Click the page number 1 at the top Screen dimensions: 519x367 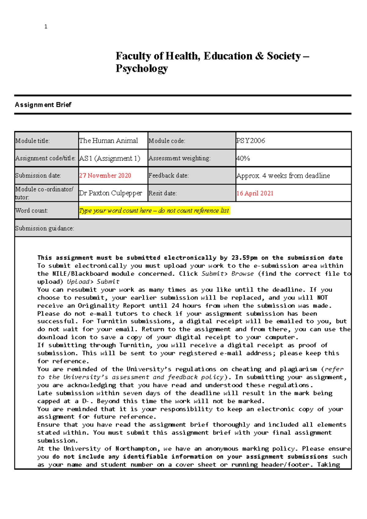[x=46, y=27]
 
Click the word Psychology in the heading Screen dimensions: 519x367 [x=142, y=68]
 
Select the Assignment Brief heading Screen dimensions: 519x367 [x=43, y=105]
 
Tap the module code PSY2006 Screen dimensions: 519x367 [x=250, y=141]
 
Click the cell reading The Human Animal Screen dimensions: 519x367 [x=109, y=141]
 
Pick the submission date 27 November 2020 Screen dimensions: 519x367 [x=105, y=175]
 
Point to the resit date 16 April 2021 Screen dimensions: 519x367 [x=255, y=193]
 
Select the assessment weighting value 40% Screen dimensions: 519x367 [x=243, y=158]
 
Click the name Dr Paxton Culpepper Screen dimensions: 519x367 [x=110, y=193]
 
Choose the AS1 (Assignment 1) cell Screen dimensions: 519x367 [x=109, y=158]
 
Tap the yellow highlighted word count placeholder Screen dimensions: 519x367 [x=154, y=211]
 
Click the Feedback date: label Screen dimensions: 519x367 [x=169, y=175]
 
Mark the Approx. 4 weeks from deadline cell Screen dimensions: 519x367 [x=283, y=176]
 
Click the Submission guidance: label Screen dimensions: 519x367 [x=45, y=228]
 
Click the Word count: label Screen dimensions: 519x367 [x=32, y=211]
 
